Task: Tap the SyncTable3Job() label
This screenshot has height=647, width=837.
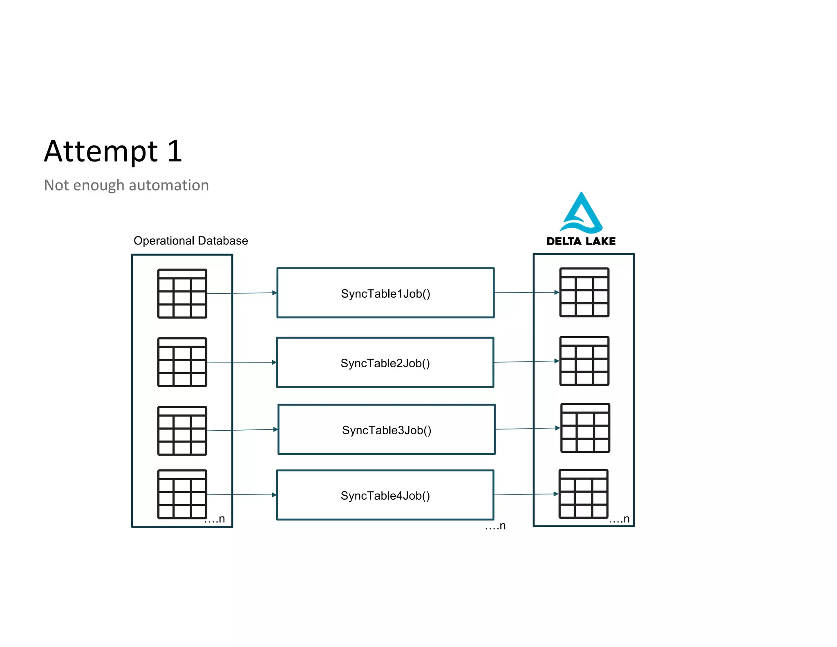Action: coord(387,430)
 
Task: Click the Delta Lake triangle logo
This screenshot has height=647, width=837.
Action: coord(581,213)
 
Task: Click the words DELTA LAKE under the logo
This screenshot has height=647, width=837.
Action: coord(581,241)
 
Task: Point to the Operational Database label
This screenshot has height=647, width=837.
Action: coord(190,240)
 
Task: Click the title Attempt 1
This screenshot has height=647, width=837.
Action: coord(113,151)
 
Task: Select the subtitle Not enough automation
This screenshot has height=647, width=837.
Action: coord(126,185)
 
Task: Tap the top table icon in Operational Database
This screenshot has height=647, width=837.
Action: coord(182,293)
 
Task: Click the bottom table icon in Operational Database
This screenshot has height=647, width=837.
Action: coord(182,494)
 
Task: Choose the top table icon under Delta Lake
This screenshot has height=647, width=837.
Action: coord(584,292)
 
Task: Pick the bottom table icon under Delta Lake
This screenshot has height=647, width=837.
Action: coord(583,494)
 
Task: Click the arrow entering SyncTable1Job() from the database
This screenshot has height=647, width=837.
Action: coord(241,293)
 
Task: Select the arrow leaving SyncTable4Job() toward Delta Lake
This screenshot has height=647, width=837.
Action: coord(526,494)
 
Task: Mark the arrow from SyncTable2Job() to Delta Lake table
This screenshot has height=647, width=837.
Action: coord(526,362)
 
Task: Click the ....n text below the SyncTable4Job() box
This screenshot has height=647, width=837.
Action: coord(495,526)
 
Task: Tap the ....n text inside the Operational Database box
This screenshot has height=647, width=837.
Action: coord(215,519)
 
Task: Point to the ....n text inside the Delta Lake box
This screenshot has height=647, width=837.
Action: coord(619,519)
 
